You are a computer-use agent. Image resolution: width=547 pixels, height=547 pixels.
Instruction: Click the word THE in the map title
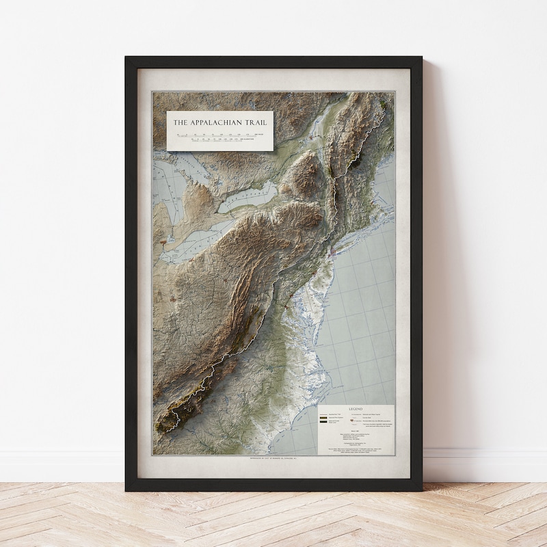click(179, 123)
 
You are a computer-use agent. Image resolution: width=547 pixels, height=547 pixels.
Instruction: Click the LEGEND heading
click(356, 409)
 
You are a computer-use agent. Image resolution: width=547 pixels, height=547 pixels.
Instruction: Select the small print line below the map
click(273, 457)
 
